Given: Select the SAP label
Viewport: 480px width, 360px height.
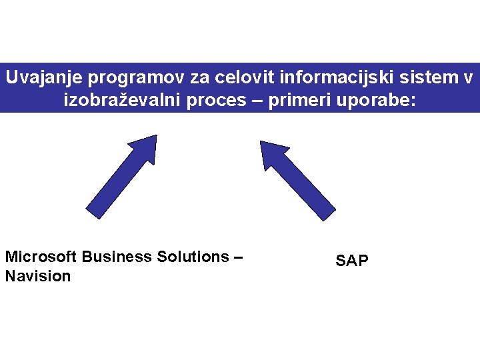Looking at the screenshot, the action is (x=351, y=261).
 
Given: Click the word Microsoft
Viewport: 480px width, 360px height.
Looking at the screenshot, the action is (x=39, y=257).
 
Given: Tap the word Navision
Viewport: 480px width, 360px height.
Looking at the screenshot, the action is (x=37, y=276).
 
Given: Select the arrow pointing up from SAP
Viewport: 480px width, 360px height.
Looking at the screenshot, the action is (x=297, y=179).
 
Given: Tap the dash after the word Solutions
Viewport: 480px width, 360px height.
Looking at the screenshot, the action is (x=238, y=257).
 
